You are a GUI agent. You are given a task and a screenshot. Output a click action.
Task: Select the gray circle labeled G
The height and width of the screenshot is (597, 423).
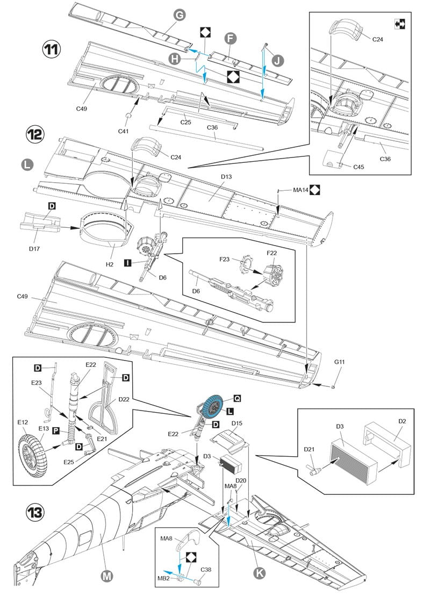(180, 16)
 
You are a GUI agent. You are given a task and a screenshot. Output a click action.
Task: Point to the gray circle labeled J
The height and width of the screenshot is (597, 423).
(276, 59)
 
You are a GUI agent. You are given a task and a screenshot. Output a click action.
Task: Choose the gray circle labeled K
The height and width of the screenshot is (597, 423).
(260, 573)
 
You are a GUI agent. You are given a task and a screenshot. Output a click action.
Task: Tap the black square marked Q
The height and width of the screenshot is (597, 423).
(236, 399)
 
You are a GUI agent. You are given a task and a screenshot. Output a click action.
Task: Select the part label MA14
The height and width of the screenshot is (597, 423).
(300, 190)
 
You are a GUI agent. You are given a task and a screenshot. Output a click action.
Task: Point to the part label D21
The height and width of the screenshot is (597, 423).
(309, 449)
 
